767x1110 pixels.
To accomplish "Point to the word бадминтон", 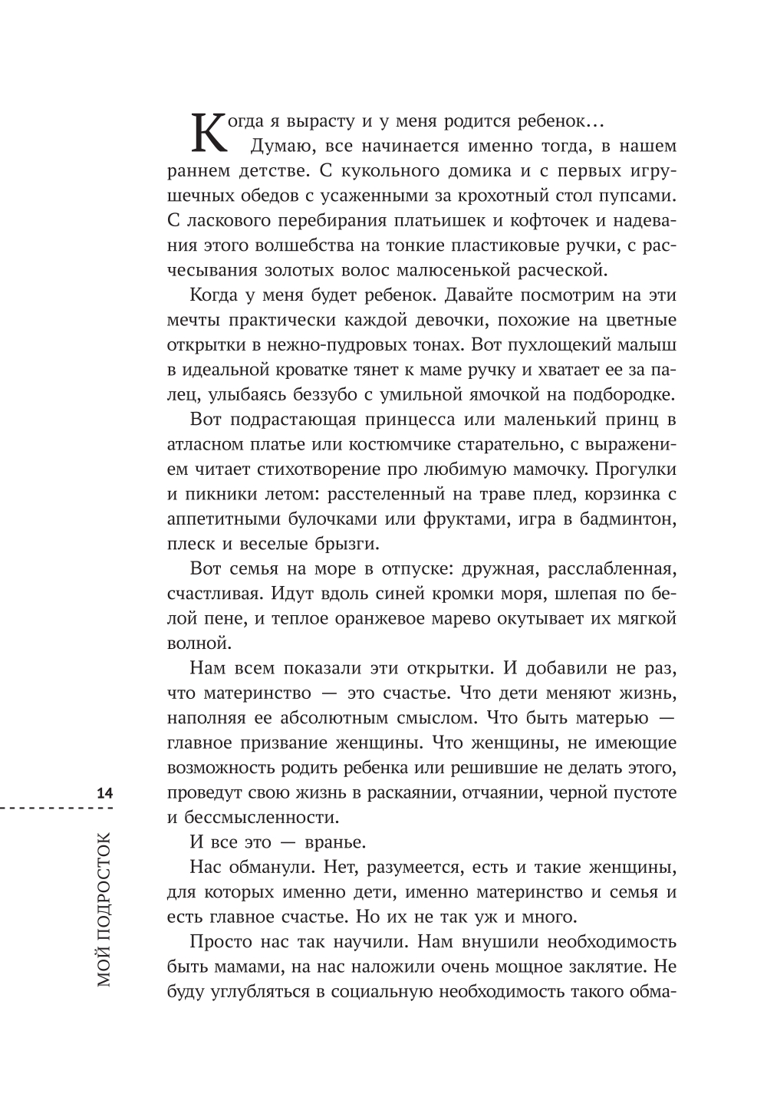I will click(627, 519).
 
